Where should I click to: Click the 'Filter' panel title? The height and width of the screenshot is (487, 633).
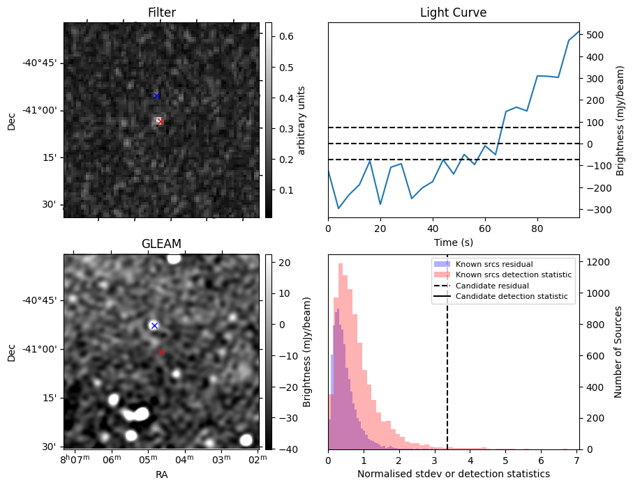tap(161, 13)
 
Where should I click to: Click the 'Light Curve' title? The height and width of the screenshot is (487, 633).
tap(453, 13)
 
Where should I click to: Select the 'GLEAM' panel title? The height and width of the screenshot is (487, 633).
tap(161, 244)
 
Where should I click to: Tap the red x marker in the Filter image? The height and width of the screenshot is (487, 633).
tap(160, 121)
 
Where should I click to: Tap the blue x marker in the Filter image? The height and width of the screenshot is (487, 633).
tap(156, 95)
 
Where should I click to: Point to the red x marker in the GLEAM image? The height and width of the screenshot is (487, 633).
tap(161, 353)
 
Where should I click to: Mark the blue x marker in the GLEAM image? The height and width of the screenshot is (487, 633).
tap(154, 325)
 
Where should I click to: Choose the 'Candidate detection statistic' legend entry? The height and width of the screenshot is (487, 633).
tap(513, 297)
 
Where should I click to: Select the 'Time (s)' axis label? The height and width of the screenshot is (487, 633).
tap(453, 241)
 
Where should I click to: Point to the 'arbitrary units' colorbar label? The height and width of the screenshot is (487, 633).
tap(301, 120)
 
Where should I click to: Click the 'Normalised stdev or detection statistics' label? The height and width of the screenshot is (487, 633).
tap(453, 474)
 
